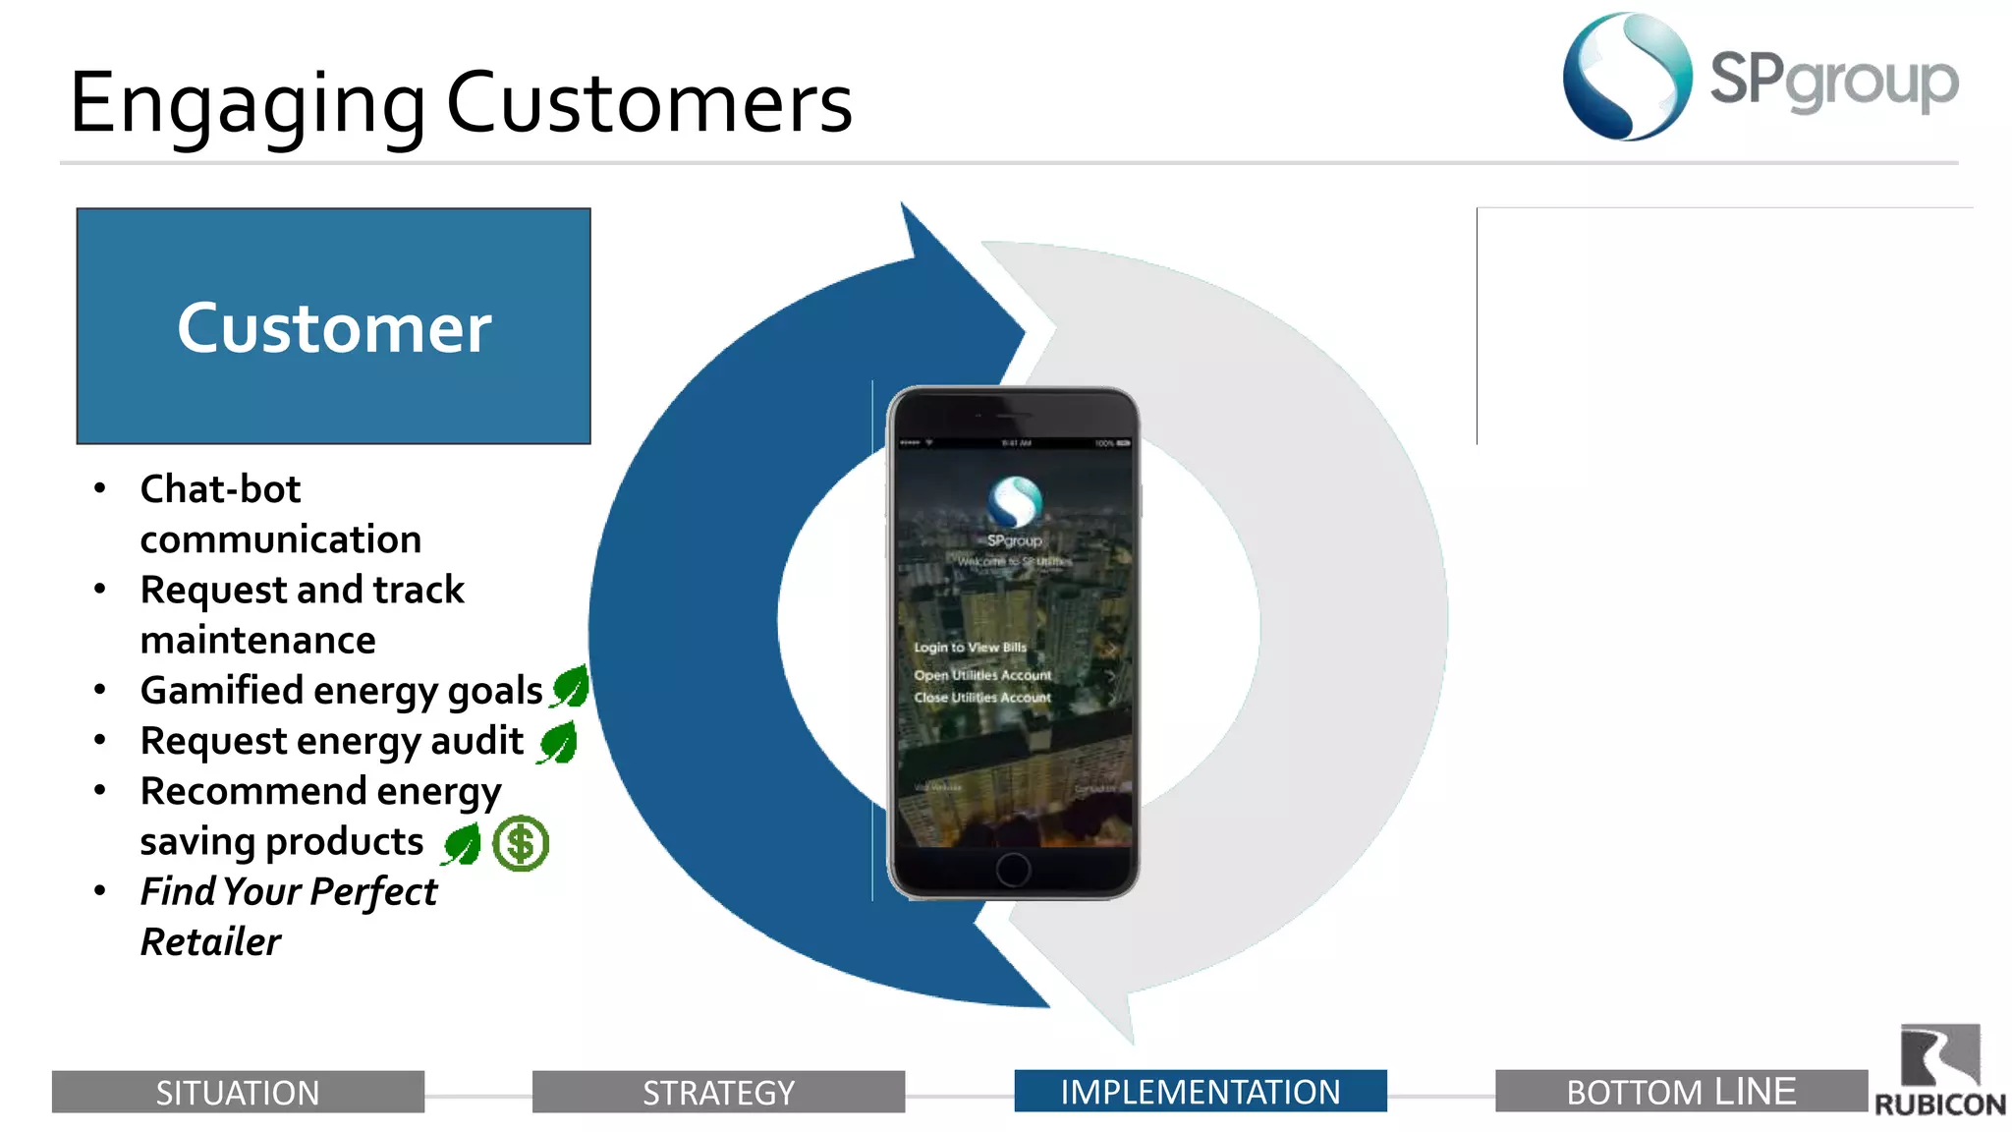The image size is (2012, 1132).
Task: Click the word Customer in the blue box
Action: [334, 328]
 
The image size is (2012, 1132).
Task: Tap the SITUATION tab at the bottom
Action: [238, 1092]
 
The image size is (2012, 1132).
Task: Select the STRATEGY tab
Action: [718, 1092]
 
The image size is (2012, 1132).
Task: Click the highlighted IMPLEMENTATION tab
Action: [1200, 1091]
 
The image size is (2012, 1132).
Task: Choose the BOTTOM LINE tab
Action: [1681, 1091]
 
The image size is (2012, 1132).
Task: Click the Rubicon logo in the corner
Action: [1939, 1071]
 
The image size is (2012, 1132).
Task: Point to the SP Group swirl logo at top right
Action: [1627, 77]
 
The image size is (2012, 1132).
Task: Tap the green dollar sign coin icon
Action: [521, 843]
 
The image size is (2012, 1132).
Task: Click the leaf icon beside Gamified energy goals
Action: [570, 686]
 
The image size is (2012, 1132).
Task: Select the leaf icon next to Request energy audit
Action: [558, 742]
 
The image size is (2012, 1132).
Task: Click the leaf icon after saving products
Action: [462, 844]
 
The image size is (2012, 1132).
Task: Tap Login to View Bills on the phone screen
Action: [970, 648]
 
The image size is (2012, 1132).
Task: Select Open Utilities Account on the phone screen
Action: [982, 675]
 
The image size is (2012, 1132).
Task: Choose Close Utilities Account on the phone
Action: [982, 698]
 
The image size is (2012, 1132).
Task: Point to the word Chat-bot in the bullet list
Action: [220, 488]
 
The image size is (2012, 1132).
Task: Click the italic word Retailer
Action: [210, 941]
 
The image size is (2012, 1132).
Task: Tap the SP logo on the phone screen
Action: [1014, 502]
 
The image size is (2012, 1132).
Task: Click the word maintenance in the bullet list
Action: [257, 640]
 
